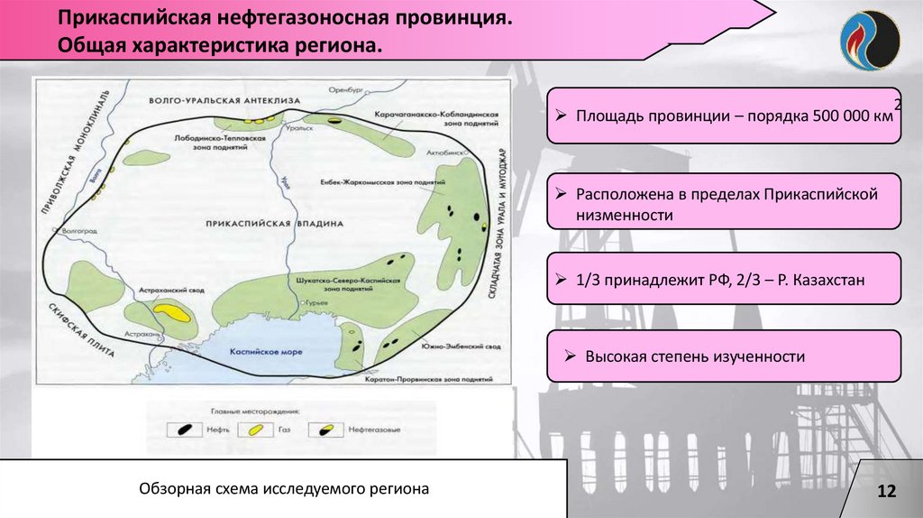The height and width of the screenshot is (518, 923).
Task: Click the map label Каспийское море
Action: coord(266,351)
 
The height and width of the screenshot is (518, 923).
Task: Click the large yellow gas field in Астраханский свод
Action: coord(171,312)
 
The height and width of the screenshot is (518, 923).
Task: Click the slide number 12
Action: coord(887,491)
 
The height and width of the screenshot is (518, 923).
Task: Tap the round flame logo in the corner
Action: coord(870,40)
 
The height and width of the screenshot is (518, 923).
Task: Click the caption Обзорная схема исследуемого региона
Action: coord(284,488)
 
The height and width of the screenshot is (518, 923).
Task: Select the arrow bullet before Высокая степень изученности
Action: coord(570,356)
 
